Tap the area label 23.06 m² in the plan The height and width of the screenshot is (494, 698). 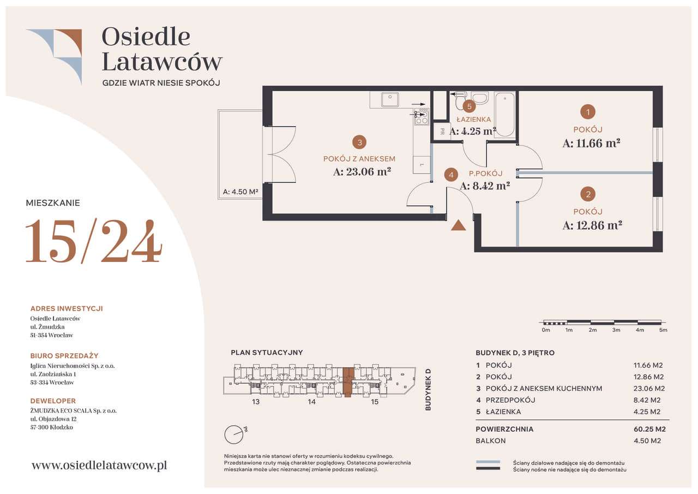(x=363, y=171)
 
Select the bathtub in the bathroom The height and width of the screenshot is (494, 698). (x=505, y=114)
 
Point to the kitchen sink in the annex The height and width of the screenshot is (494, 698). (x=389, y=100)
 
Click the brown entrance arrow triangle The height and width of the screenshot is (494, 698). (x=459, y=224)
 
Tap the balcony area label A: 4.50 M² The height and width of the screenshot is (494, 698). (x=240, y=192)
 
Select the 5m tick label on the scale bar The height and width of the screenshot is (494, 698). (x=663, y=330)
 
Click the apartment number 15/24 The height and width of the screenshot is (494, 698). (x=93, y=240)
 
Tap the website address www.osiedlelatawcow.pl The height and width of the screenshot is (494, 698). (x=99, y=465)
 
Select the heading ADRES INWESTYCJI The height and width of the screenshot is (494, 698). (x=67, y=308)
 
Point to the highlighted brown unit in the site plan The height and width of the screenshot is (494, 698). (x=348, y=382)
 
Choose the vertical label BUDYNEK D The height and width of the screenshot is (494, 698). (x=428, y=389)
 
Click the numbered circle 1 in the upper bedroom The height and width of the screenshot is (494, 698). (x=587, y=112)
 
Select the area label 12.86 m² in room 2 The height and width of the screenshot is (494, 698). (x=592, y=225)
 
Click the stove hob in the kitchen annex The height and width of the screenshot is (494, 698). (x=421, y=116)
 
